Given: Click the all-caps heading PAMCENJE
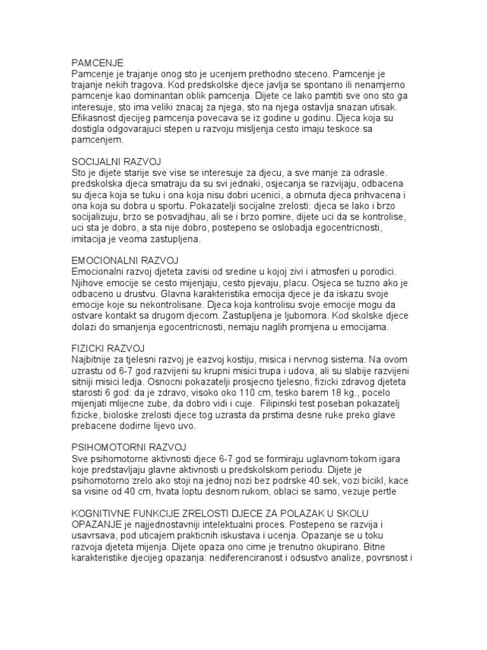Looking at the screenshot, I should (97, 62).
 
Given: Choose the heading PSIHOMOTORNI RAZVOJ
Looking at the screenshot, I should (127, 448).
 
